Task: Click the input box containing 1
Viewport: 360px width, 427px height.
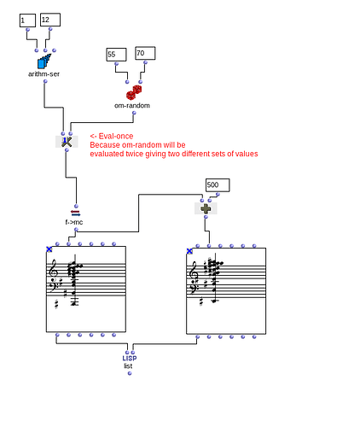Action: tap(27, 20)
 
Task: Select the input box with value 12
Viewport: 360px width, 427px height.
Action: tap(50, 20)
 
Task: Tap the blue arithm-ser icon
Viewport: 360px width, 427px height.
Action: tap(44, 61)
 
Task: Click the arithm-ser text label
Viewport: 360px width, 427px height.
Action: tap(44, 74)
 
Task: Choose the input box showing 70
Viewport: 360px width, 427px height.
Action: tap(145, 54)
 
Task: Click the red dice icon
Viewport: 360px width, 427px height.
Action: tap(134, 91)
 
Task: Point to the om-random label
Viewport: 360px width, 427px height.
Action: tap(132, 105)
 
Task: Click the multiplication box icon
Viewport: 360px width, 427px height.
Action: tap(67, 142)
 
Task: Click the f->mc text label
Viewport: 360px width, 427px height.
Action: tap(74, 222)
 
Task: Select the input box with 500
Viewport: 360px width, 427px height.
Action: tap(218, 185)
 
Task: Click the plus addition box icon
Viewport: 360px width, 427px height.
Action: tap(206, 208)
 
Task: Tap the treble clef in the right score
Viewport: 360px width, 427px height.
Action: tap(195, 274)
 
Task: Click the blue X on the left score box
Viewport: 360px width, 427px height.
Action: tap(49, 249)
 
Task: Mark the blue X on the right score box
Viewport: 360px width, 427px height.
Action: tap(189, 251)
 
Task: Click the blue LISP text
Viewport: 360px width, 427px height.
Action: tap(129, 358)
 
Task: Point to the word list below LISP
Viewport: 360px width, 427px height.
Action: tap(128, 366)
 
